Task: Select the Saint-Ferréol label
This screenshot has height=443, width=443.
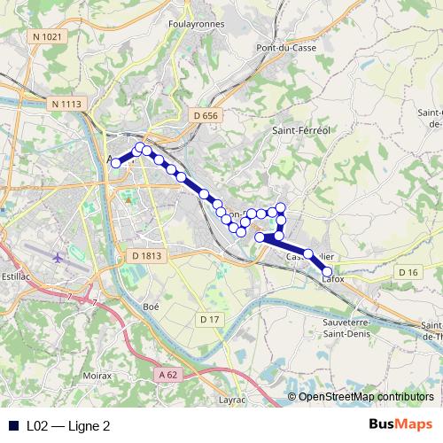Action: coord(300,130)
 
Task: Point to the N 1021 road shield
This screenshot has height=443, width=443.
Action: coord(46,36)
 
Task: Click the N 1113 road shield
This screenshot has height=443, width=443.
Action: coord(66,105)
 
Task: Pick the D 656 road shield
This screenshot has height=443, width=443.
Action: coord(204,115)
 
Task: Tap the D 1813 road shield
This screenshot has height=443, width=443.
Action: coord(147,256)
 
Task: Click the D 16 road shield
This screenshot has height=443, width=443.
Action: coord(408,272)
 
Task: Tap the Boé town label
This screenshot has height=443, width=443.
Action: coord(150,306)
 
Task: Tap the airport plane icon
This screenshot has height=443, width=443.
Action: coord(58,258)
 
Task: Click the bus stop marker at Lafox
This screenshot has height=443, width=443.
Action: coord(327,272)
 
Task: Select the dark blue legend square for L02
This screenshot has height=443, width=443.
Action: coord(14,425)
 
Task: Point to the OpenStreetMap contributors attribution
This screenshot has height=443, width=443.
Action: coord(366,397)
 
